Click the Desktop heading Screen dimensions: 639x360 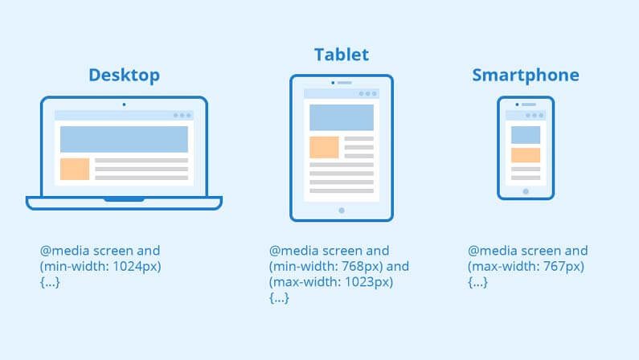[x=124, y=76]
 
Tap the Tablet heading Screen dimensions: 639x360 [x=342, y=55]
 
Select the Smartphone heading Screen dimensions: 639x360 [x=526, y=76]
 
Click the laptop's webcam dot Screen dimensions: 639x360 [x=124, y=104]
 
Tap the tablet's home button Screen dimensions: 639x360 [x=342, y=211]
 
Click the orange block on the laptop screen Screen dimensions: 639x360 [x=75, y=169]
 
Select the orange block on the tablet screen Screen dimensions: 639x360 [x=324, y=147]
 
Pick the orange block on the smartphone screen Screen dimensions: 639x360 [x=526, y=155]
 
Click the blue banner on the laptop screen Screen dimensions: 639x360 [x=124, y=139]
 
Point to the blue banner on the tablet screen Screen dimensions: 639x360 [x=342, y=117]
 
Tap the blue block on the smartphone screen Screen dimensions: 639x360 [x=526, y=135]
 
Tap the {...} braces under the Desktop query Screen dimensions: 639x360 [x=50, y=282]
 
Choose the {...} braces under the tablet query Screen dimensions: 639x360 [x=279, y=297]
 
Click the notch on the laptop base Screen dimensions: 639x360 [x=124, y=199]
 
